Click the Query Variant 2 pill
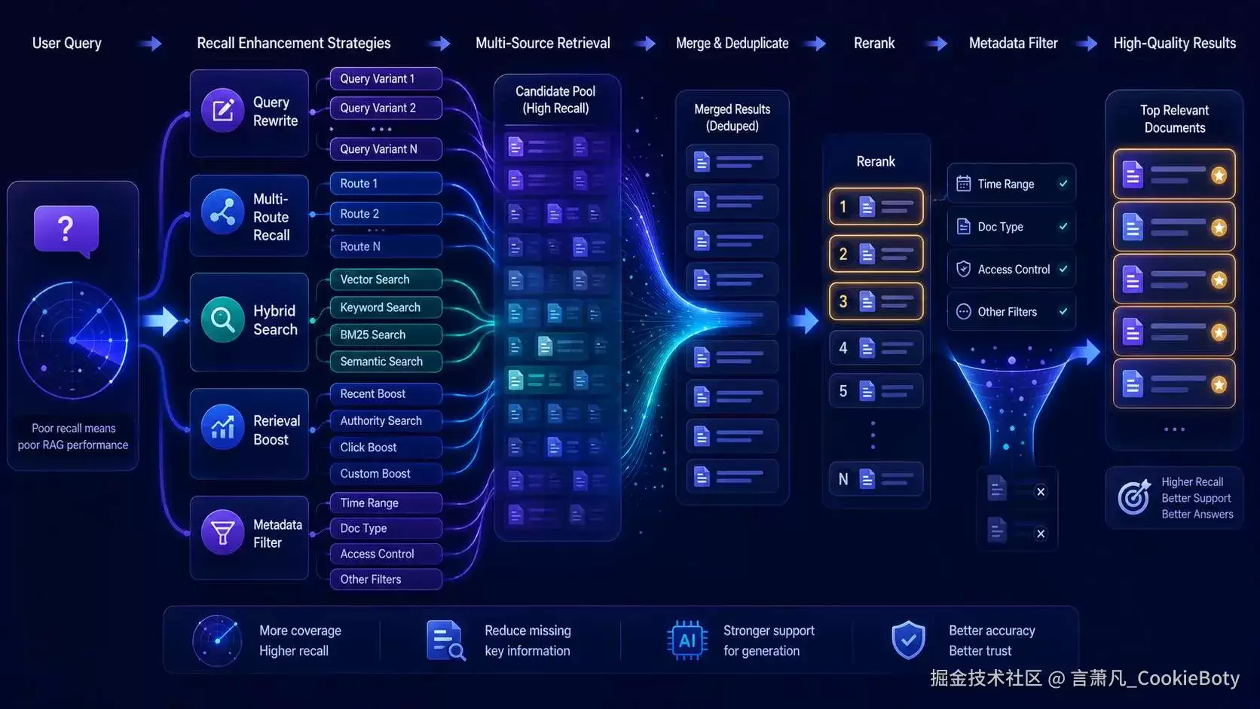coord(386,108)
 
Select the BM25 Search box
coord(386,335)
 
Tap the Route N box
coord(386,246)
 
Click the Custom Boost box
coord(386,473)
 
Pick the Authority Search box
coord(386,420)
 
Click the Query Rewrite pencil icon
coord(223,110)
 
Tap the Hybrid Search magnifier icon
coord(223,319)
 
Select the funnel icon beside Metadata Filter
coord(223,532)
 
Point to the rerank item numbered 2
coord(876,254)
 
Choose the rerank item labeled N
coord(876,479)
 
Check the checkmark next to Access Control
coord(1063,269)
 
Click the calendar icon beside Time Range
coord(964,184)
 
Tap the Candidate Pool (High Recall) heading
coord(555,99)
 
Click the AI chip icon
coord(687,640)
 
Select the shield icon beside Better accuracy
coord(908,640)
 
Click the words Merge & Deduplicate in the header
coord(732,43)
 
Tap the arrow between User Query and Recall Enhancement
coord(150,43)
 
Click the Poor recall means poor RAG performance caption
coord(73,436)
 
